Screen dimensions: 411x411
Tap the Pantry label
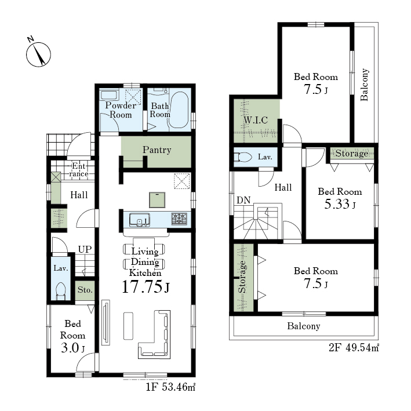tap(157, 150)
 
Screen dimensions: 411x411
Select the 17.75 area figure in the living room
tap(142, 286)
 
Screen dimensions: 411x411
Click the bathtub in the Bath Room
tap(178, 110)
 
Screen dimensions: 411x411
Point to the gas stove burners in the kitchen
tap(179, 219)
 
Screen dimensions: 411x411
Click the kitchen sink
tap(140, 220)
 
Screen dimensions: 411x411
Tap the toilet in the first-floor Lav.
tap(61, 291)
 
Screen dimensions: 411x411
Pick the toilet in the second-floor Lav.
tap(243, 157)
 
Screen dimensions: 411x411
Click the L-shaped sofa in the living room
tap(154, 334)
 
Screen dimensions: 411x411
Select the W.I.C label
tap(256, 121)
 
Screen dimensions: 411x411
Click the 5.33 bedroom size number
tap(337, 204)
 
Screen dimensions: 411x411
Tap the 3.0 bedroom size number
tap(70, 348)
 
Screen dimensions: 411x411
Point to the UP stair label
tap(85, 249)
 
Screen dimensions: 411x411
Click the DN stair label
tap(243, 200)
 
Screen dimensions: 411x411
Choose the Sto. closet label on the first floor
tap(85, 290)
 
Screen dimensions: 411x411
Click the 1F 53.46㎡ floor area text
tap(170, 387)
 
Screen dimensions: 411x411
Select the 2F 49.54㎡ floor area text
tap(354, 348)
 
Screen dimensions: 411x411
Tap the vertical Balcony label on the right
tap(365, 85)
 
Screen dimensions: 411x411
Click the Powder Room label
tap(121, 110)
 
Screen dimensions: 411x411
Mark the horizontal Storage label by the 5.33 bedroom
tap(352, 153)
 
